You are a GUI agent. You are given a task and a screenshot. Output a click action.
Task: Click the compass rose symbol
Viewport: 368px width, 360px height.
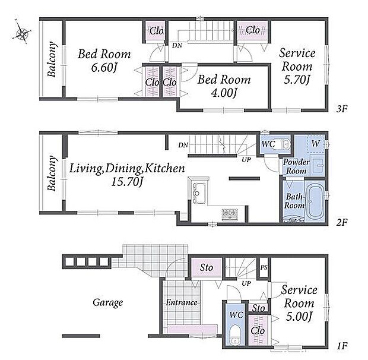click(x=21, y=33)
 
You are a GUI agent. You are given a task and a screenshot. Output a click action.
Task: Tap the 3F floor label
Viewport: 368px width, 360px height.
click(x=341, y=109)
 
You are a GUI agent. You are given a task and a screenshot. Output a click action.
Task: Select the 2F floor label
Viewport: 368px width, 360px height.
click(x=341, y=222)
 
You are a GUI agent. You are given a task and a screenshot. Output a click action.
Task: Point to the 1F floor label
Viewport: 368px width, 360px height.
click(x=341, y=346)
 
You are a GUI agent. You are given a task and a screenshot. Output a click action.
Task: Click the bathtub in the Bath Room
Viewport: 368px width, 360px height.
click(x=316, y=201)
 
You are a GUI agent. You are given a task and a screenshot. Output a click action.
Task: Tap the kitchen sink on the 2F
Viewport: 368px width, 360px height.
click(x=199, y=193)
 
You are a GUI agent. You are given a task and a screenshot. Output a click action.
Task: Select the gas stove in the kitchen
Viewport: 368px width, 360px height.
click(x=230, y=214)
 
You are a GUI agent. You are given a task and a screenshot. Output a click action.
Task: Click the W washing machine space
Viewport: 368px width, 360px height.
click(x=316, y=144)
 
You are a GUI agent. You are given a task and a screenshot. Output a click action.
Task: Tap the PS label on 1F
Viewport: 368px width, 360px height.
click(x=264, y=267)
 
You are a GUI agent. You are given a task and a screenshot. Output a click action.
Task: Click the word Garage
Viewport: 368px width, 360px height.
click(x=107, y=303)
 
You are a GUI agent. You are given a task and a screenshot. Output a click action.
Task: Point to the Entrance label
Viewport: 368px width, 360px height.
click(x=182, y=302)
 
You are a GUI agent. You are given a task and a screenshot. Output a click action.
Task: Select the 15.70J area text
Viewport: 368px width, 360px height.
click(x=127, y=182)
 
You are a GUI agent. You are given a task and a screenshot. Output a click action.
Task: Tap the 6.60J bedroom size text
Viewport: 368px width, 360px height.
click(x=104, y=68)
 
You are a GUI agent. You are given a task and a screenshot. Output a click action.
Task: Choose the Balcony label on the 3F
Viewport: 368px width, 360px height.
click(x=52, y=59)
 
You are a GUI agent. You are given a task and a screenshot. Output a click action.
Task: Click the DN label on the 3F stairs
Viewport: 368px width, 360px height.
click(x=177, y=45)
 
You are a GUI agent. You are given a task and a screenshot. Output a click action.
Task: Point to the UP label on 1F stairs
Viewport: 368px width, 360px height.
click(x=246, y=283)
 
